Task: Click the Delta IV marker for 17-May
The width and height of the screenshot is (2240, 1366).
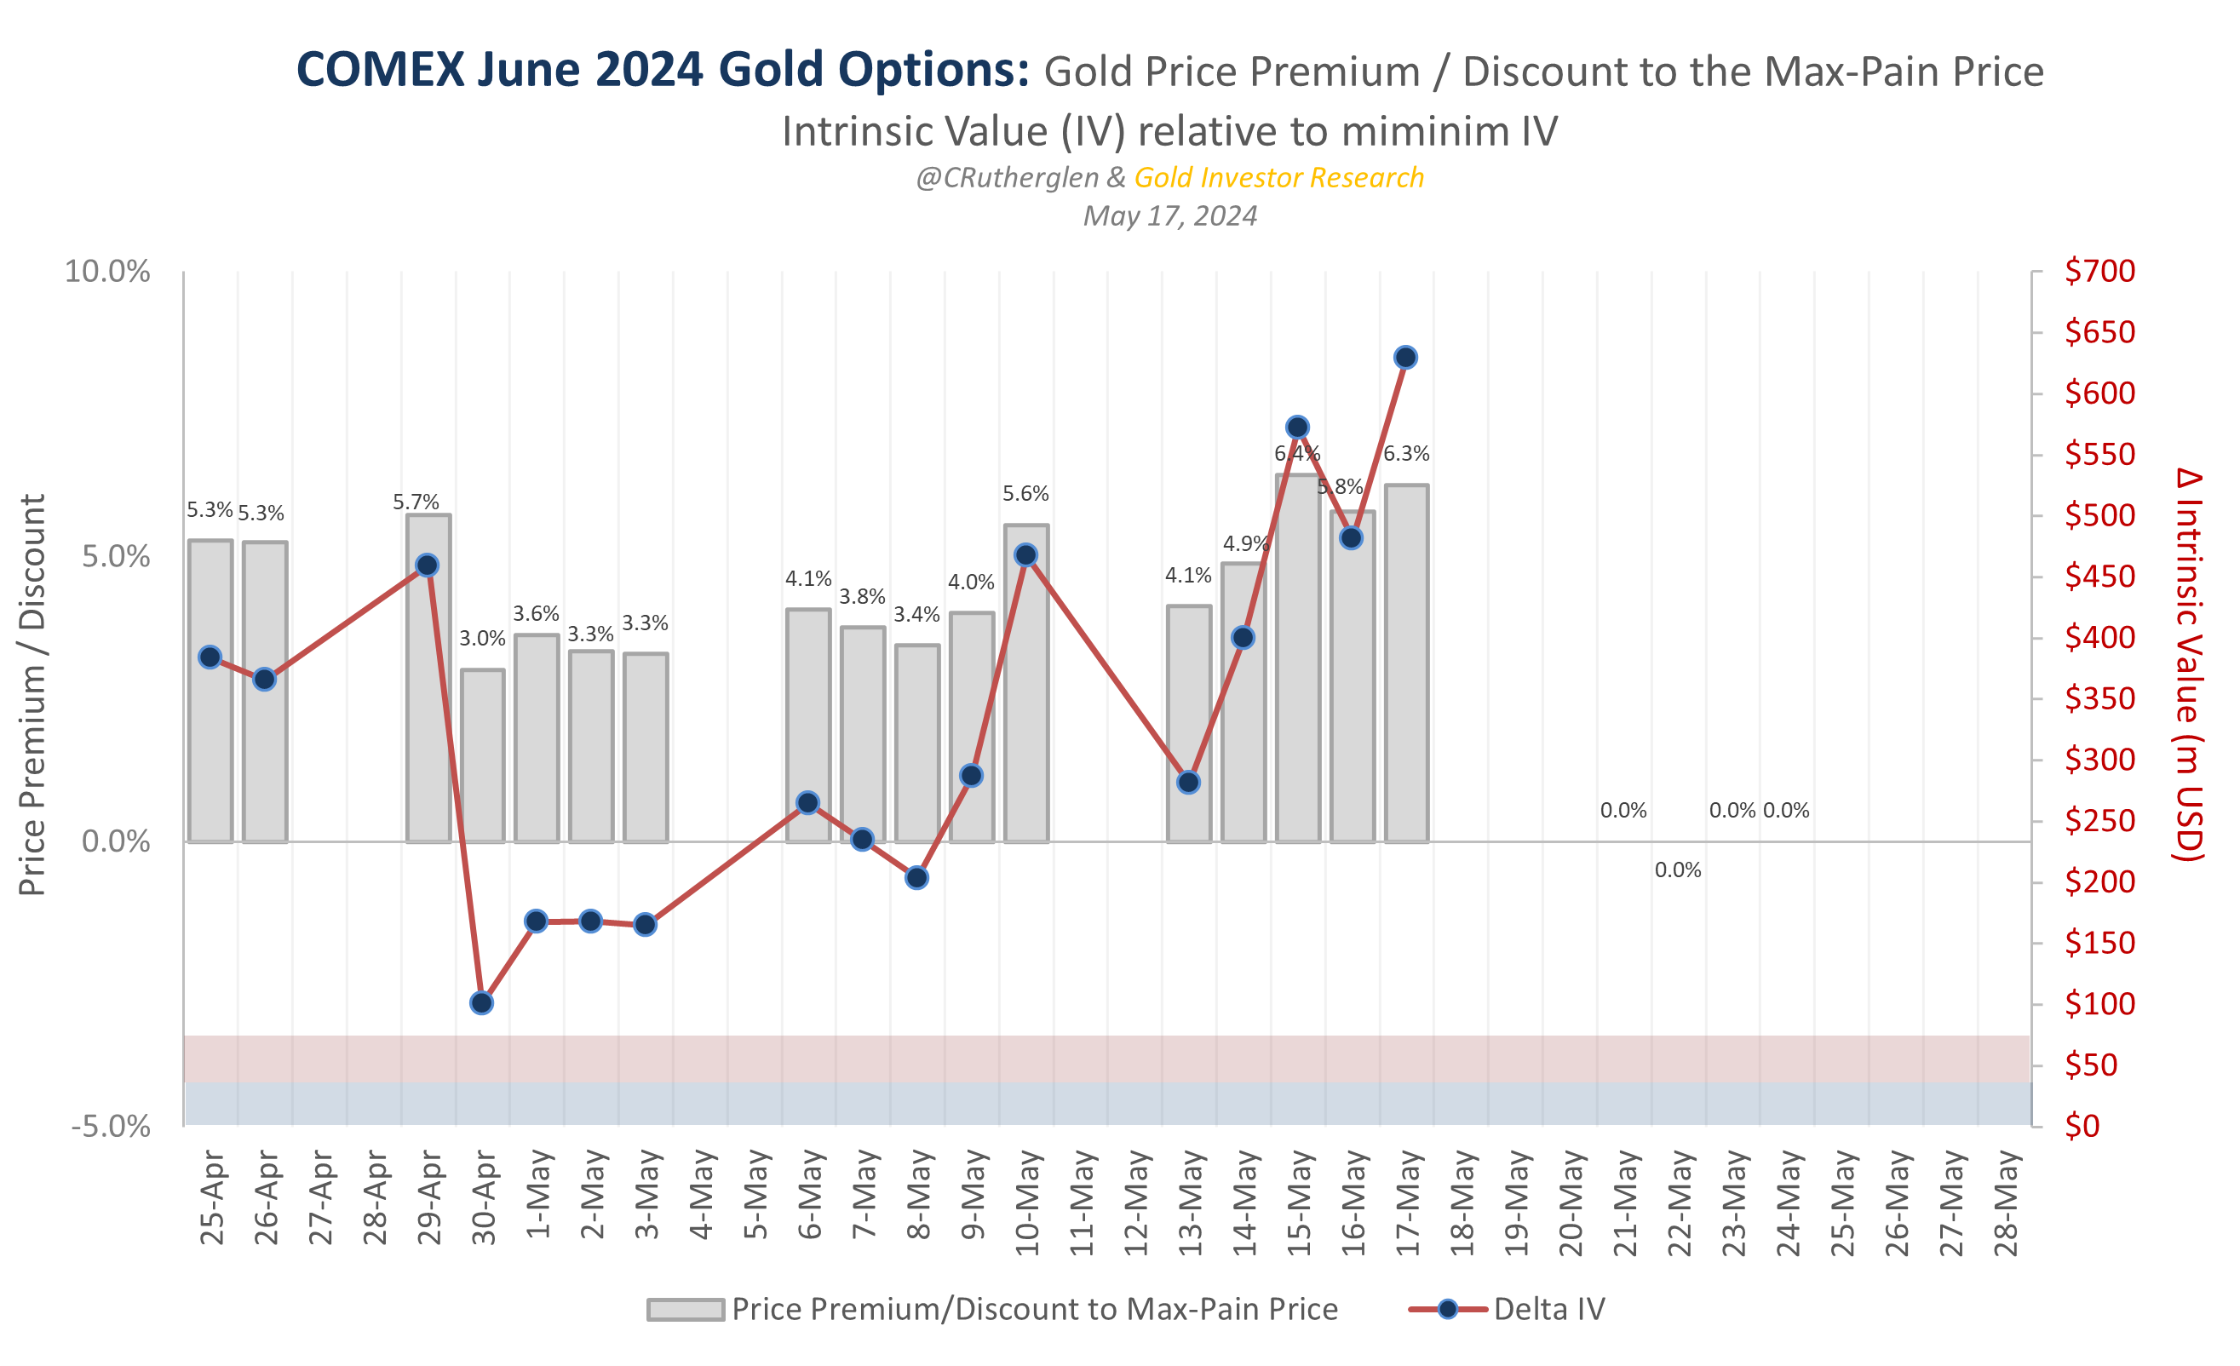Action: [x=1405, y=357]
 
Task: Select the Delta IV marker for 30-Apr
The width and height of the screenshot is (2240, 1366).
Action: [x=482, y=1002]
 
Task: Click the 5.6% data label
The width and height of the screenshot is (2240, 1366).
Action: [x=1025, y=493]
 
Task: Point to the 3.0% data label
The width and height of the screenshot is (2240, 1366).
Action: [x=482, y=638]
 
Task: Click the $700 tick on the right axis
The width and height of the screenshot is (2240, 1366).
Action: [x=2099, y=271]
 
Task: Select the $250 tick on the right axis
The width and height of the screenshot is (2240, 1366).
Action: [x=2099, y=821]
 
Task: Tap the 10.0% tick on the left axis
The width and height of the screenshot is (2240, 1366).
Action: [x=107, y=272]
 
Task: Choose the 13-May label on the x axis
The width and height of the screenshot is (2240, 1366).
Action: [x=1190, y=1202]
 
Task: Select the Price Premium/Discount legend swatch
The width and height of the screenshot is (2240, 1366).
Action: [x=686, y=1309]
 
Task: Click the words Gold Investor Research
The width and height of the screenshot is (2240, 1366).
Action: [x=1278, y=177]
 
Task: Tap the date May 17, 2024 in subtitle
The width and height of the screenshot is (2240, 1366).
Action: [x=1170, y=215]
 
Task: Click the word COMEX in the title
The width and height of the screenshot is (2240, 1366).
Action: [x=380, y=70]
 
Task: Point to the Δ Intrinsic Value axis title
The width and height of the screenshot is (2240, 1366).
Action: [x=2189, y=663]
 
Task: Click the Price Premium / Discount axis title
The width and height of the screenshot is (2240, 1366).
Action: [x=32, y=695]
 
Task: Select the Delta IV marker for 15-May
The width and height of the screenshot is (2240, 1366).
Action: [x=1297, y=428]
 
